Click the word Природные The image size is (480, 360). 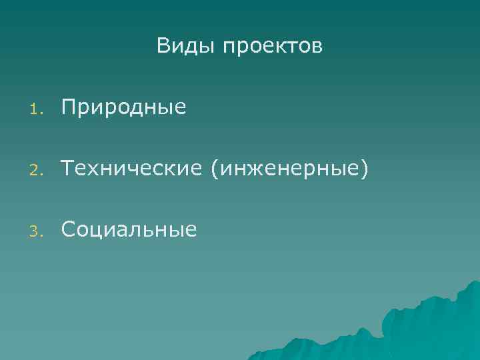click(124, 107)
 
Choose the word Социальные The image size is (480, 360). click(129, 230)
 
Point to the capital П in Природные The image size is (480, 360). click(69, 106)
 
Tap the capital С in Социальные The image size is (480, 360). click(69, 230)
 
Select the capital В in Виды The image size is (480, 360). click(163, 46)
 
